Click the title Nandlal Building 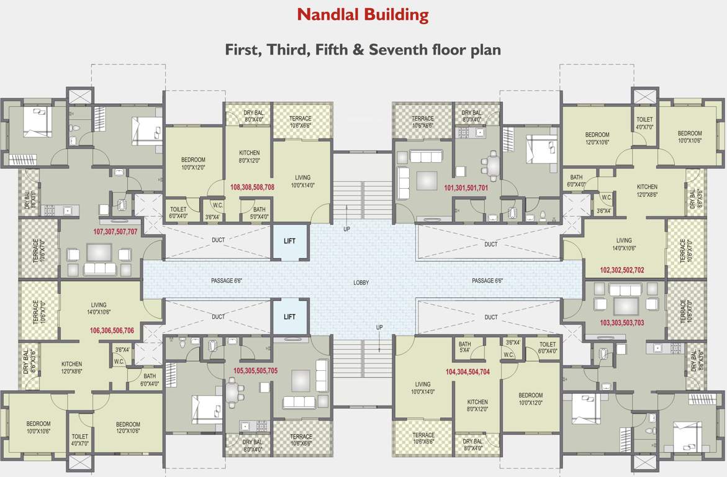(x=363, y=14)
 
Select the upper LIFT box (x=289, y=241)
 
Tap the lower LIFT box (x=289, y=317)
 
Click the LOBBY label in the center (x=361, y=283)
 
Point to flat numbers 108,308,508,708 (x=252, y=186)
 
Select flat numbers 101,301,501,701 (x=466, y=186)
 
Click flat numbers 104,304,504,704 (x=467, y=372)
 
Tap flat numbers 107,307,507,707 (x=115, y=231)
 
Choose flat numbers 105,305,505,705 (x=255, y=370)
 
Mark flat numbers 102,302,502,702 (x=621, y=270)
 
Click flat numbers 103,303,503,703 (x=621, y=323)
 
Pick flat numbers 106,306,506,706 (x=112, y=330)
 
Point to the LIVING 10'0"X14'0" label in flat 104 (x=422, y=388)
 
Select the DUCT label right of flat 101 (x=490, y=244)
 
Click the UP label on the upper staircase (x=346, y=229)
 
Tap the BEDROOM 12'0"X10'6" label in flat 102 (x=597, y=138)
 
